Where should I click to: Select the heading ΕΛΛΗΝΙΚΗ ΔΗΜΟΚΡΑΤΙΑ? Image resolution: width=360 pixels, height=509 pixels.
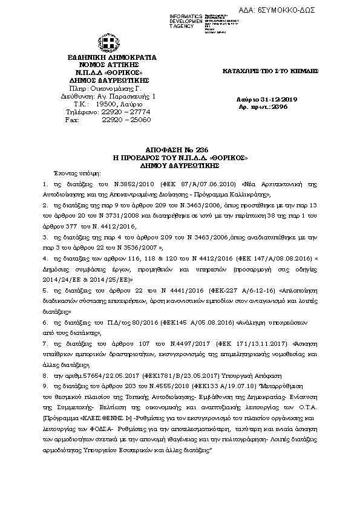click(112, 57)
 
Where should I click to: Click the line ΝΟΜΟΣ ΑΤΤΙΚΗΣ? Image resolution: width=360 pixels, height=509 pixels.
click(112, 65)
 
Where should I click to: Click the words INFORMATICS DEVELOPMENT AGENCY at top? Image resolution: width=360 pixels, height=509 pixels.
click(186, 20)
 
